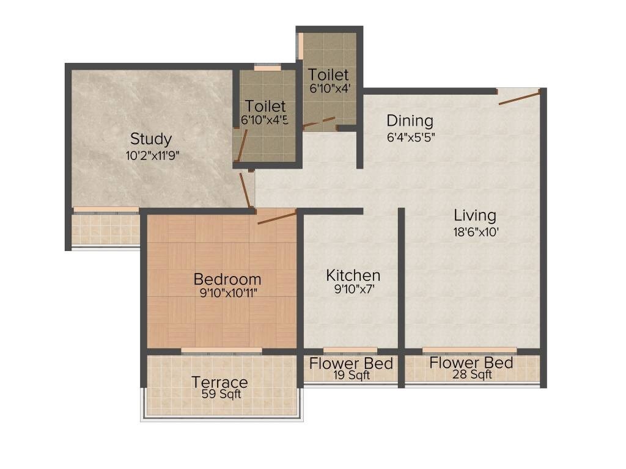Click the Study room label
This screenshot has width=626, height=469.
(x=151, y=139)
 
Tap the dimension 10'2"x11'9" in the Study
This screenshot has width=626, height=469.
(x=152, y=155)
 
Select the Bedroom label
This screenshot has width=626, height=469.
(x=227, y=279)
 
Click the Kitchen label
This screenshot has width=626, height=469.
(x=353, y=275)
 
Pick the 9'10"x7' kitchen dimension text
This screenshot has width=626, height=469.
(x=353, y=289)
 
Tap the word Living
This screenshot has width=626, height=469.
(x=474, y=216)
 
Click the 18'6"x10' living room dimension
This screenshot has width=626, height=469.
(x=474, y=231)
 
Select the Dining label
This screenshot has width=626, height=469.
(x=410, y=121)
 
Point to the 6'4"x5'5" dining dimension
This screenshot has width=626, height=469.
(x=410, y=137)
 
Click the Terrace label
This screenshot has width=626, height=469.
(x=219, y=382)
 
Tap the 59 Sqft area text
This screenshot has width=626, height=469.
(x=221, y=394)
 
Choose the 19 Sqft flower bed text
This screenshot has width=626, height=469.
(x=351, y=376)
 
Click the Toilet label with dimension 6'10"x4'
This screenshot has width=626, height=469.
(x=328, y=75)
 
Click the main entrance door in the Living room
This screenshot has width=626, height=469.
(x=520, y=97)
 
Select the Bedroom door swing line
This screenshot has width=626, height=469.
(x=276, y=217)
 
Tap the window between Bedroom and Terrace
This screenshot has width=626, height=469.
(x=221, y=351)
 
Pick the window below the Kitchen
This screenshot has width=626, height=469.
(x=350, y=351)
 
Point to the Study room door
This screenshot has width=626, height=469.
(x=246, y=191)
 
